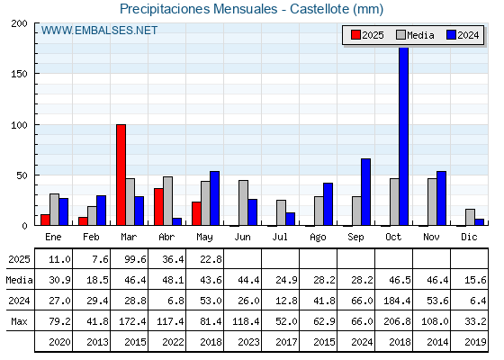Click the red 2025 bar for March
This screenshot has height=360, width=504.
click(121, 175)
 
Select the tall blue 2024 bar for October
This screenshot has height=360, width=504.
click(404, 136)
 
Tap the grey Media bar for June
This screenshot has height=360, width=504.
click(243, 202)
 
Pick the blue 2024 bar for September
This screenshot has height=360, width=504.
click(365, 192)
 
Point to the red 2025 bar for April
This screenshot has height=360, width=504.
click(158, 207)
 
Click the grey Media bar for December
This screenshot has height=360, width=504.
click(470, 217)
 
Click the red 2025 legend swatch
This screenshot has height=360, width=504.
click(355, 35)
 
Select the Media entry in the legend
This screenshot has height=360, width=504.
click(415, 35)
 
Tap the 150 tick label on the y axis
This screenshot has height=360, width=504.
click(19, 74)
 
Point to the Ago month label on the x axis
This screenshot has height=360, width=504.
click(318, 238)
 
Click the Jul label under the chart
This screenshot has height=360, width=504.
click(280, 237)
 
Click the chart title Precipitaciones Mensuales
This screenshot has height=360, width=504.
click(198, 9)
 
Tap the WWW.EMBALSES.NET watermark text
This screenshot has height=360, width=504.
click(99, 31)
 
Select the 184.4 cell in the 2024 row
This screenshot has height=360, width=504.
click(397, 301)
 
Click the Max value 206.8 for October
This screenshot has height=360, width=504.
click(397, 321)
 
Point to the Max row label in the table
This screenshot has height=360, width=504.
click(19, 321)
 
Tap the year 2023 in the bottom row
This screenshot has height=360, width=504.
click(248, 342)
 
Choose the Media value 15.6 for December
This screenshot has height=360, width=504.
click(475, 280)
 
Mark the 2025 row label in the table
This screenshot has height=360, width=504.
click(19, 259)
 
